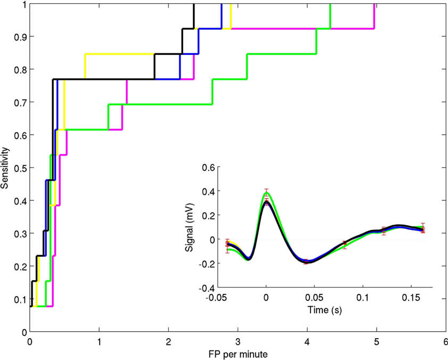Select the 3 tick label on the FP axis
238,341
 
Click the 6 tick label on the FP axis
445,341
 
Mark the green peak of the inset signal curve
266,193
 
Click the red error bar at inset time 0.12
384,231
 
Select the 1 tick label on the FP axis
99,341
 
